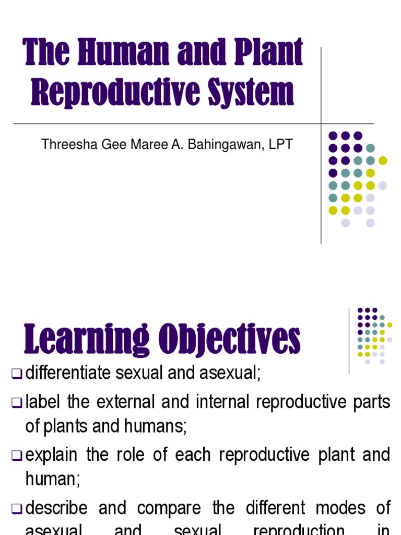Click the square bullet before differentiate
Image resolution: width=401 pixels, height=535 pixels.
17,374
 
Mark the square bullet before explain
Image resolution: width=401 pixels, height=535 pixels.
17,456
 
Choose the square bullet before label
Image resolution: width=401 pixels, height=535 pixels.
17,402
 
